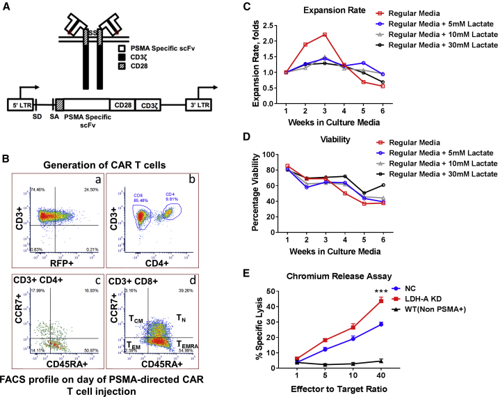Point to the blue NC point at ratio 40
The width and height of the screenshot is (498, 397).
coord(419,324)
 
